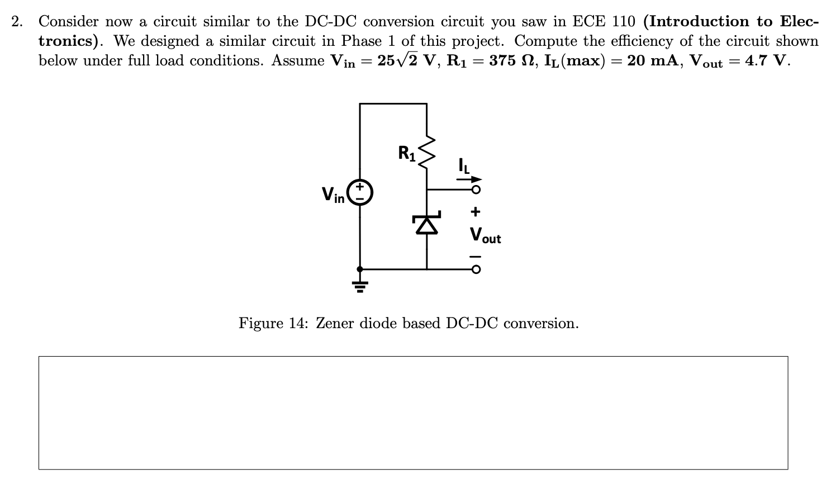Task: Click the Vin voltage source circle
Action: tap(359, 192)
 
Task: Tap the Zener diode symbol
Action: tap(427, 224)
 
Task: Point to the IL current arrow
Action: tap(468, 179)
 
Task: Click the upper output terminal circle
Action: tap(476, 190)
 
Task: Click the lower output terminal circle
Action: tap(476, 269)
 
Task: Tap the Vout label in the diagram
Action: tap(485, 235)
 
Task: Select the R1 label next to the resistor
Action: tap(407, 153)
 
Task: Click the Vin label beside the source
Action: tap(333, 194)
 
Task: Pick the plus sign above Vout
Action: tap(475, 212)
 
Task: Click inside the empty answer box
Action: tap(413, 413)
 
